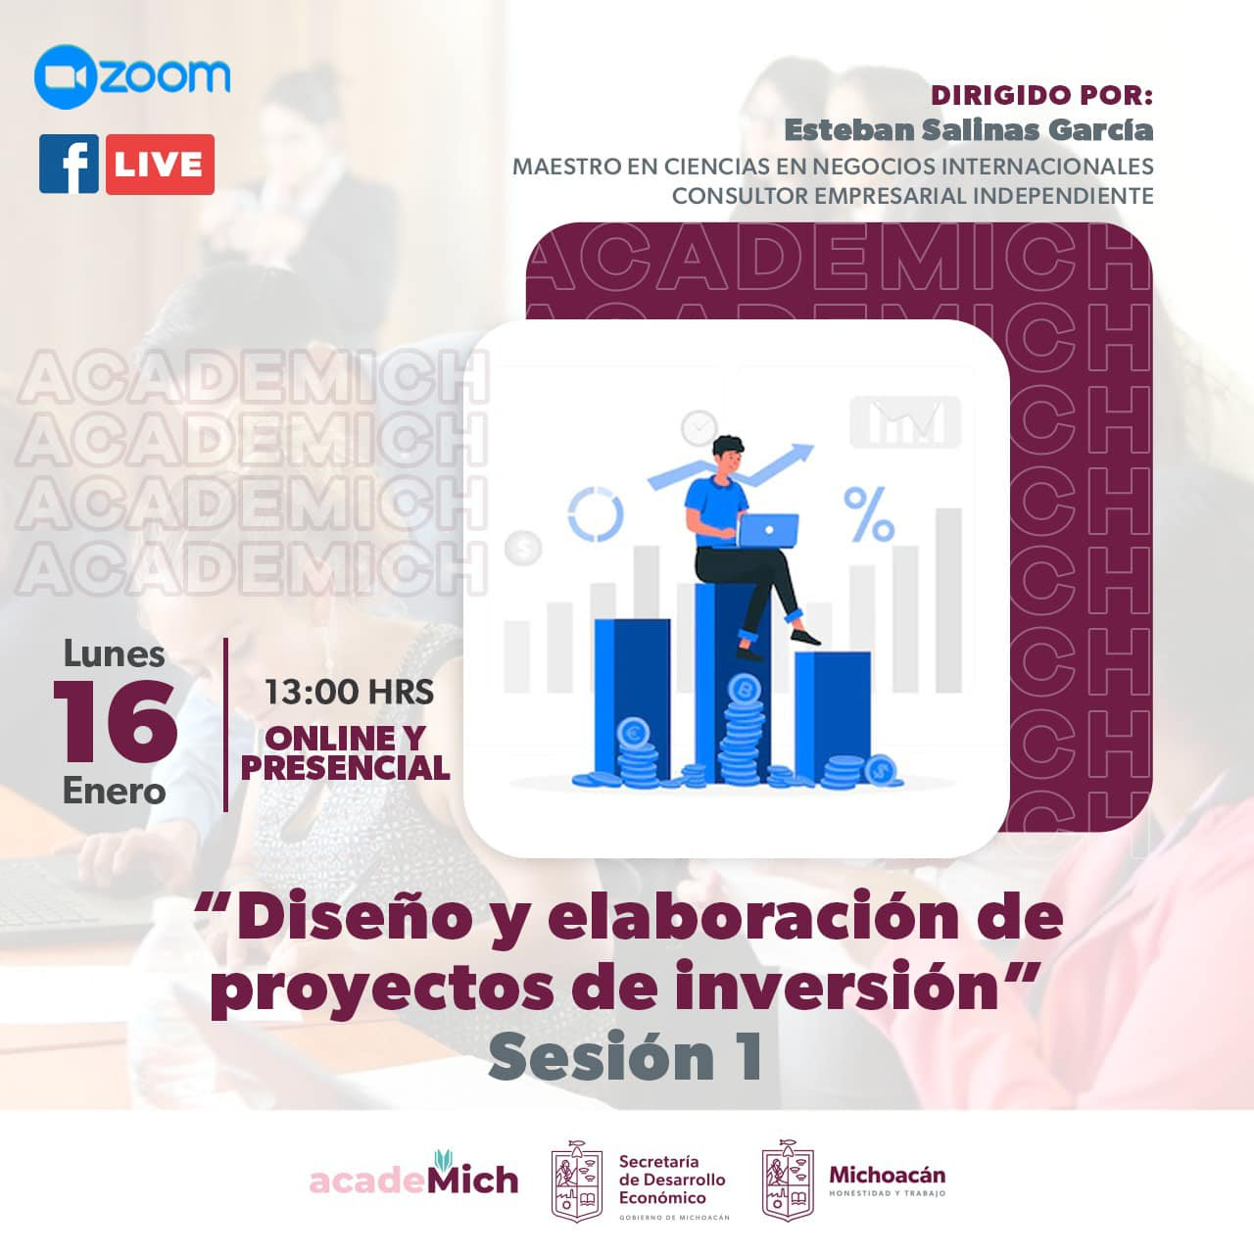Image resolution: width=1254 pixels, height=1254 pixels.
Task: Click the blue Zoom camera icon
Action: point(66,76)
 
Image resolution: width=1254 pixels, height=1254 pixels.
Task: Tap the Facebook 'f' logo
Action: point(69,164)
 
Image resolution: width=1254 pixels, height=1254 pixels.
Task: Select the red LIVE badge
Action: point(160,164)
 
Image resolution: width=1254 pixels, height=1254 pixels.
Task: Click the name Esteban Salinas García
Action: point(969,130)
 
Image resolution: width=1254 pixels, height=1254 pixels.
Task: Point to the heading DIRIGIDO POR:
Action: point(1042,96)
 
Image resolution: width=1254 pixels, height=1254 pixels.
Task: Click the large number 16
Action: point(116,722)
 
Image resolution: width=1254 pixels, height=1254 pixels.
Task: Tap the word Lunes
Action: point(114,654)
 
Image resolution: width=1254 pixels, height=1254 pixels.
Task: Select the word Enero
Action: point(114,792)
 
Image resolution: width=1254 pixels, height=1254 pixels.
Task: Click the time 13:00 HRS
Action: point(349,692)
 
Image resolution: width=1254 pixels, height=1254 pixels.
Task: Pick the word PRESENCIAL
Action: point(346,767)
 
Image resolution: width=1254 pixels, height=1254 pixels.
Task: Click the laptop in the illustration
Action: point(768,530)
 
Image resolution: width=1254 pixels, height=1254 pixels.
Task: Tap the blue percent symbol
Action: point(868,514)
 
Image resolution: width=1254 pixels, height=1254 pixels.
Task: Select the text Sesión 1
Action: point(625,1057)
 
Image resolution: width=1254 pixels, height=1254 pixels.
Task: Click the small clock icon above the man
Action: point(699,427)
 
